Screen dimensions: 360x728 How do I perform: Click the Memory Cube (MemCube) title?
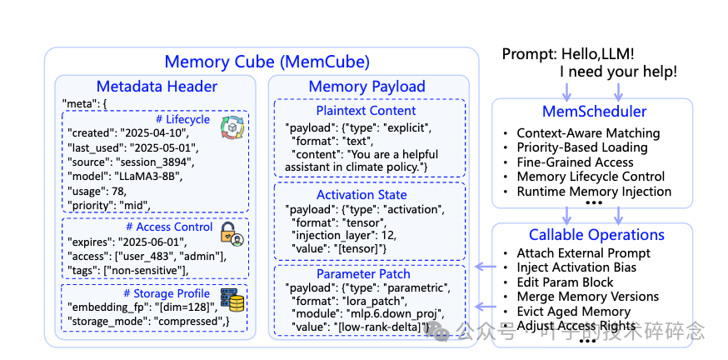coord(267,62)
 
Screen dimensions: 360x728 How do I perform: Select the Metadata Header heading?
coord(157,87)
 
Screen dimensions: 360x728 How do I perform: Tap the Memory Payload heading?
coord(366,87)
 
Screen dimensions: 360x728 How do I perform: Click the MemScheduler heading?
coord(593,111)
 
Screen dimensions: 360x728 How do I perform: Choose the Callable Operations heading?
coord(596,235)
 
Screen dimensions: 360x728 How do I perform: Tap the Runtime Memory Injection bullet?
coord(594,191)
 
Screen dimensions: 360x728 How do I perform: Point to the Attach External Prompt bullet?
coord(583,253)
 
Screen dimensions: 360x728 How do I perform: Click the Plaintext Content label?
coord(366,111)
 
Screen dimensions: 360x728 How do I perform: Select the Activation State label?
coord(366,193)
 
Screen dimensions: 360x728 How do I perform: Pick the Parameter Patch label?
coord(363,273)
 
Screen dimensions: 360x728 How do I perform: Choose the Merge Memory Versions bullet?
coord(587,297)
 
